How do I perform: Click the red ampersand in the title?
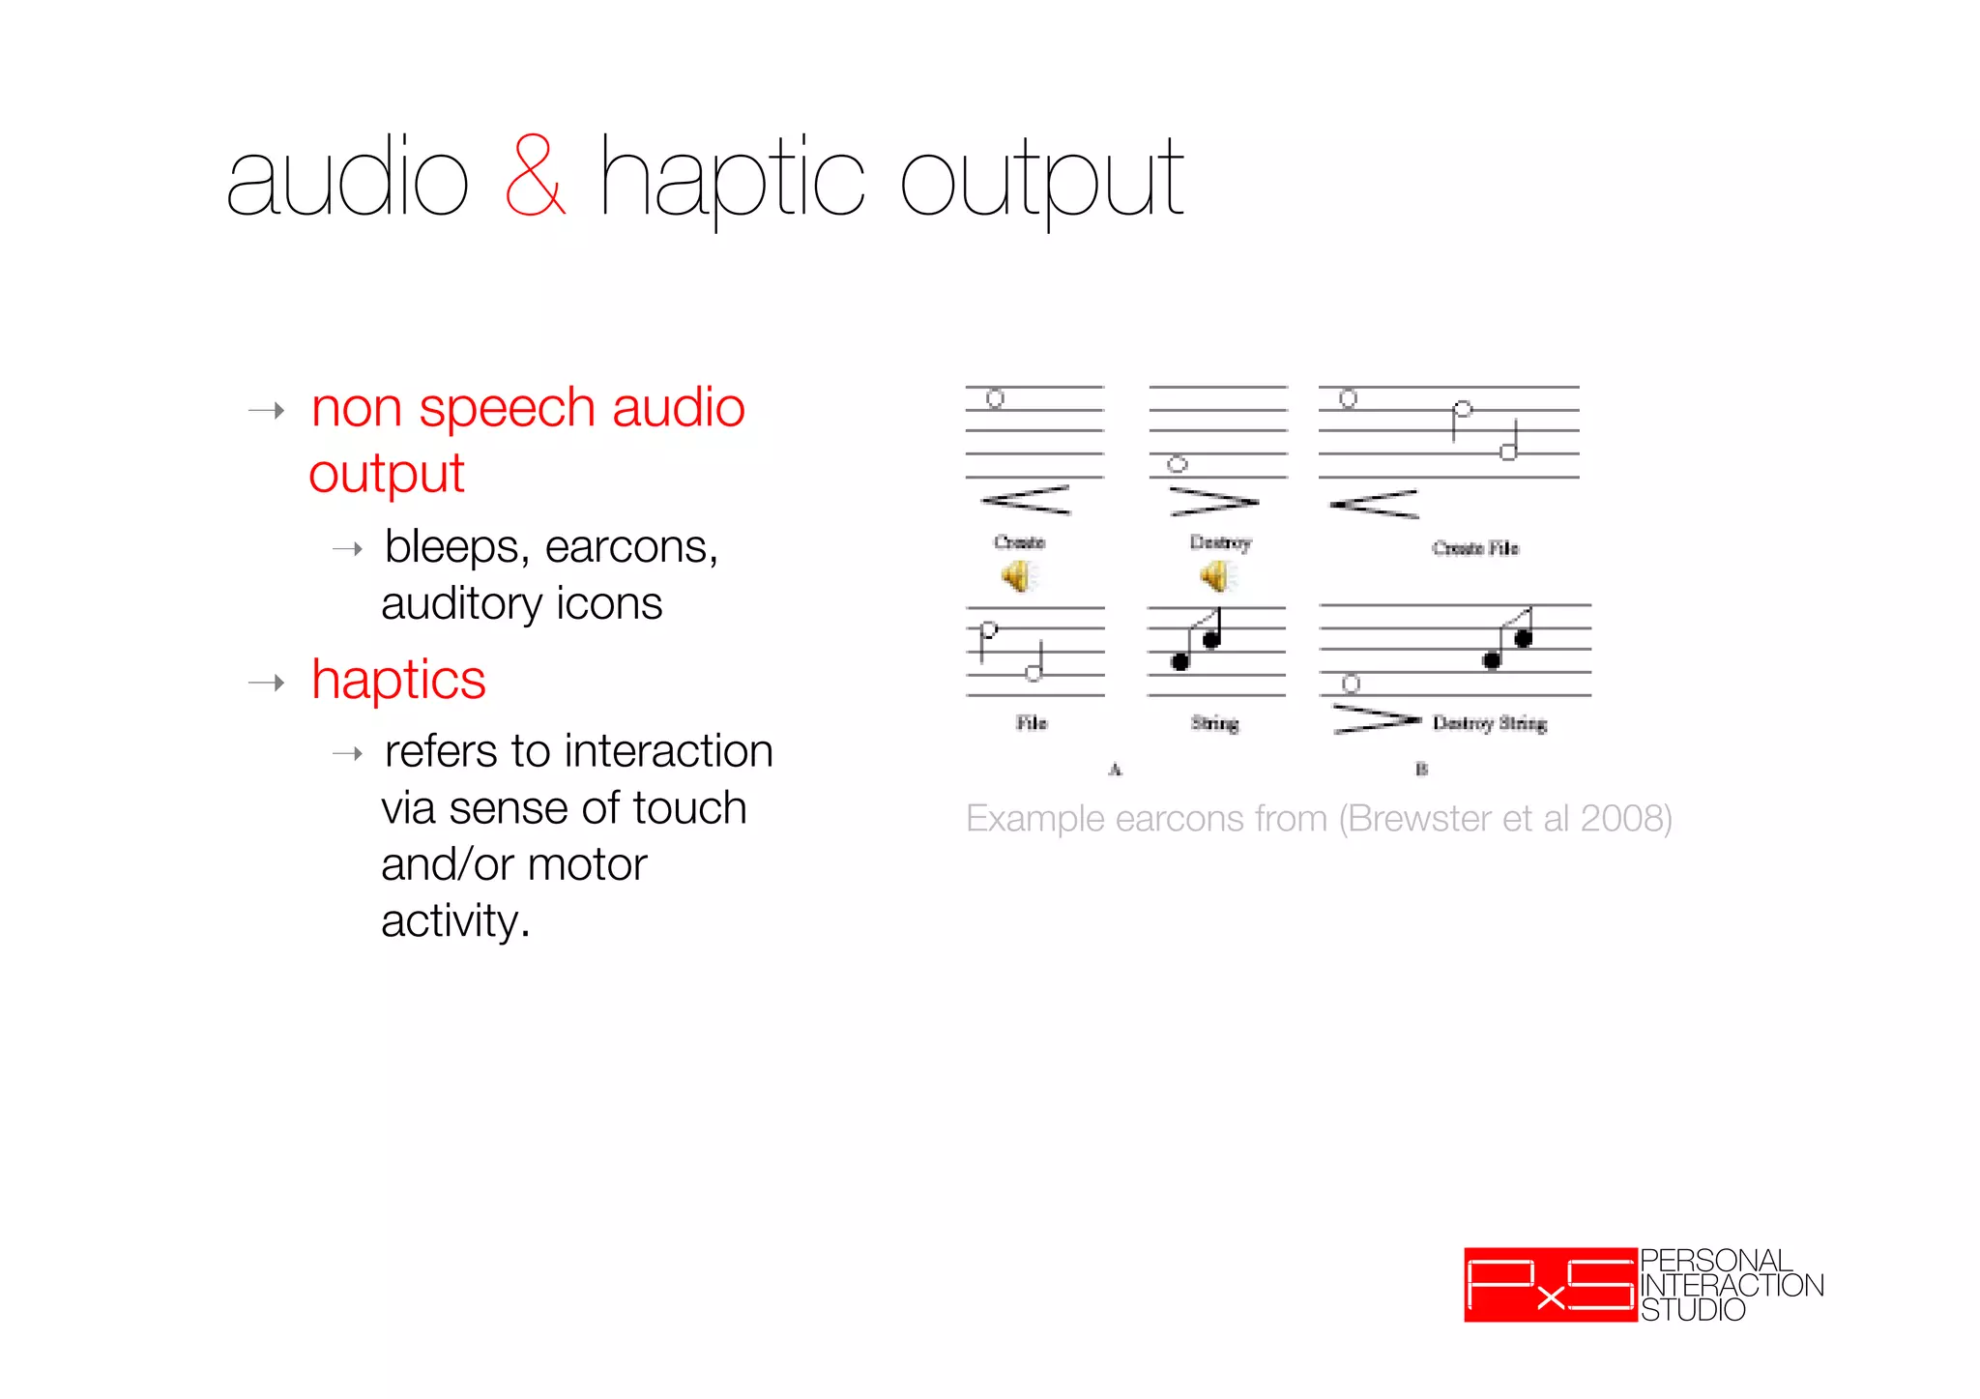point(535,177)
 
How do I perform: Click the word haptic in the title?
point(731,179)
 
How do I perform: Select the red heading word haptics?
point(398,680)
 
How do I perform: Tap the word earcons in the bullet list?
point(629,547)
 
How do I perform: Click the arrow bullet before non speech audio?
point(267,411)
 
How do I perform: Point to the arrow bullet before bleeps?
point(347,549)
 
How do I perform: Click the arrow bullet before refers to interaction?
point(347,753)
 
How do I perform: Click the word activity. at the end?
point(455,921)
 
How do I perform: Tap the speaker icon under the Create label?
point(1017,577)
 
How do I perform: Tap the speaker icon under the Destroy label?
point(1216,577)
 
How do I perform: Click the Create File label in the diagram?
point(1474,548)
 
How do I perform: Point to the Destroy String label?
point(1489,723)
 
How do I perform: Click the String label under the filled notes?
point(1214,723)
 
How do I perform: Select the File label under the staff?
point(1031,723)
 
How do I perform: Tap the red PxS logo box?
point(1550,1285)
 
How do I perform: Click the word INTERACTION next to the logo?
point(1732,1285)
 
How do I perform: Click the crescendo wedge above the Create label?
point(1026,500)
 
